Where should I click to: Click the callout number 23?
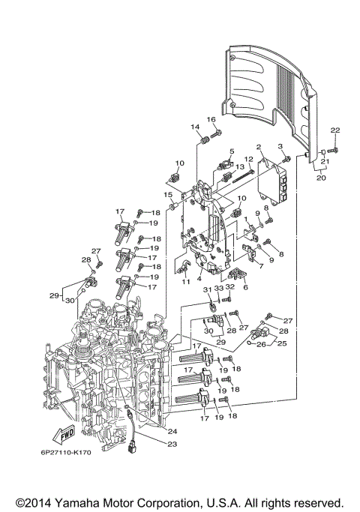point(172,445)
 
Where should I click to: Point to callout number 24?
point(172,431)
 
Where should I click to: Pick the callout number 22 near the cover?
point(335,131)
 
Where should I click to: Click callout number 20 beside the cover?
point(320,178)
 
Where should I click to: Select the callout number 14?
point(194,127)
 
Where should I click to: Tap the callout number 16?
point(211,120)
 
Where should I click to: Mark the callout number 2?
point(258,147)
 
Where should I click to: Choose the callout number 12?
point(249,159)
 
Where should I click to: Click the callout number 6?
point(244,286)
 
